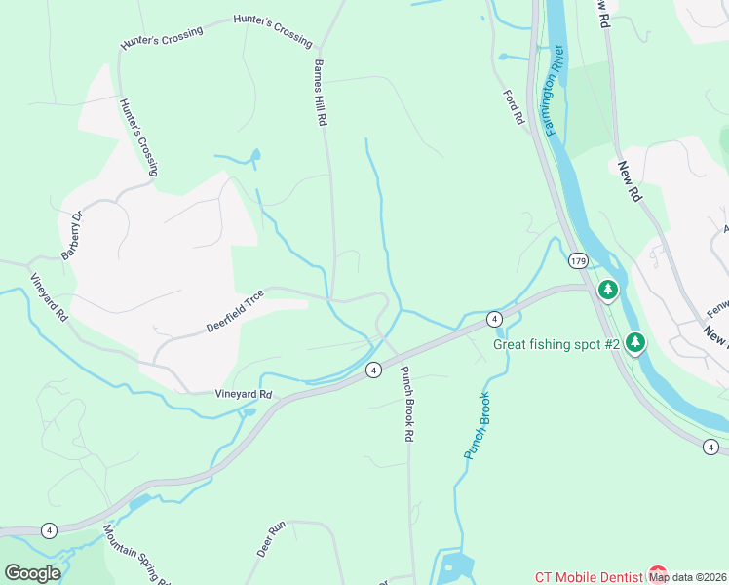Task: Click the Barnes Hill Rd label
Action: (319, 94)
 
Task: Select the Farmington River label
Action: (557, 92)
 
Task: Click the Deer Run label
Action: (271, 539)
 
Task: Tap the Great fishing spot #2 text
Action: (556, 343)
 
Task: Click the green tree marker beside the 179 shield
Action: (608, 290)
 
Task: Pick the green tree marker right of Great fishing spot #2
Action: (635, 342)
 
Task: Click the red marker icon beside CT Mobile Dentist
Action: (657, 574)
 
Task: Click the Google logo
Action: (32, 573)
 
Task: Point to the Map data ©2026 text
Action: (688, 577)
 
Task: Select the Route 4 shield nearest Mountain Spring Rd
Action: (48, 530)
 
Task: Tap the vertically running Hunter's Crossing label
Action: (138, 136)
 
